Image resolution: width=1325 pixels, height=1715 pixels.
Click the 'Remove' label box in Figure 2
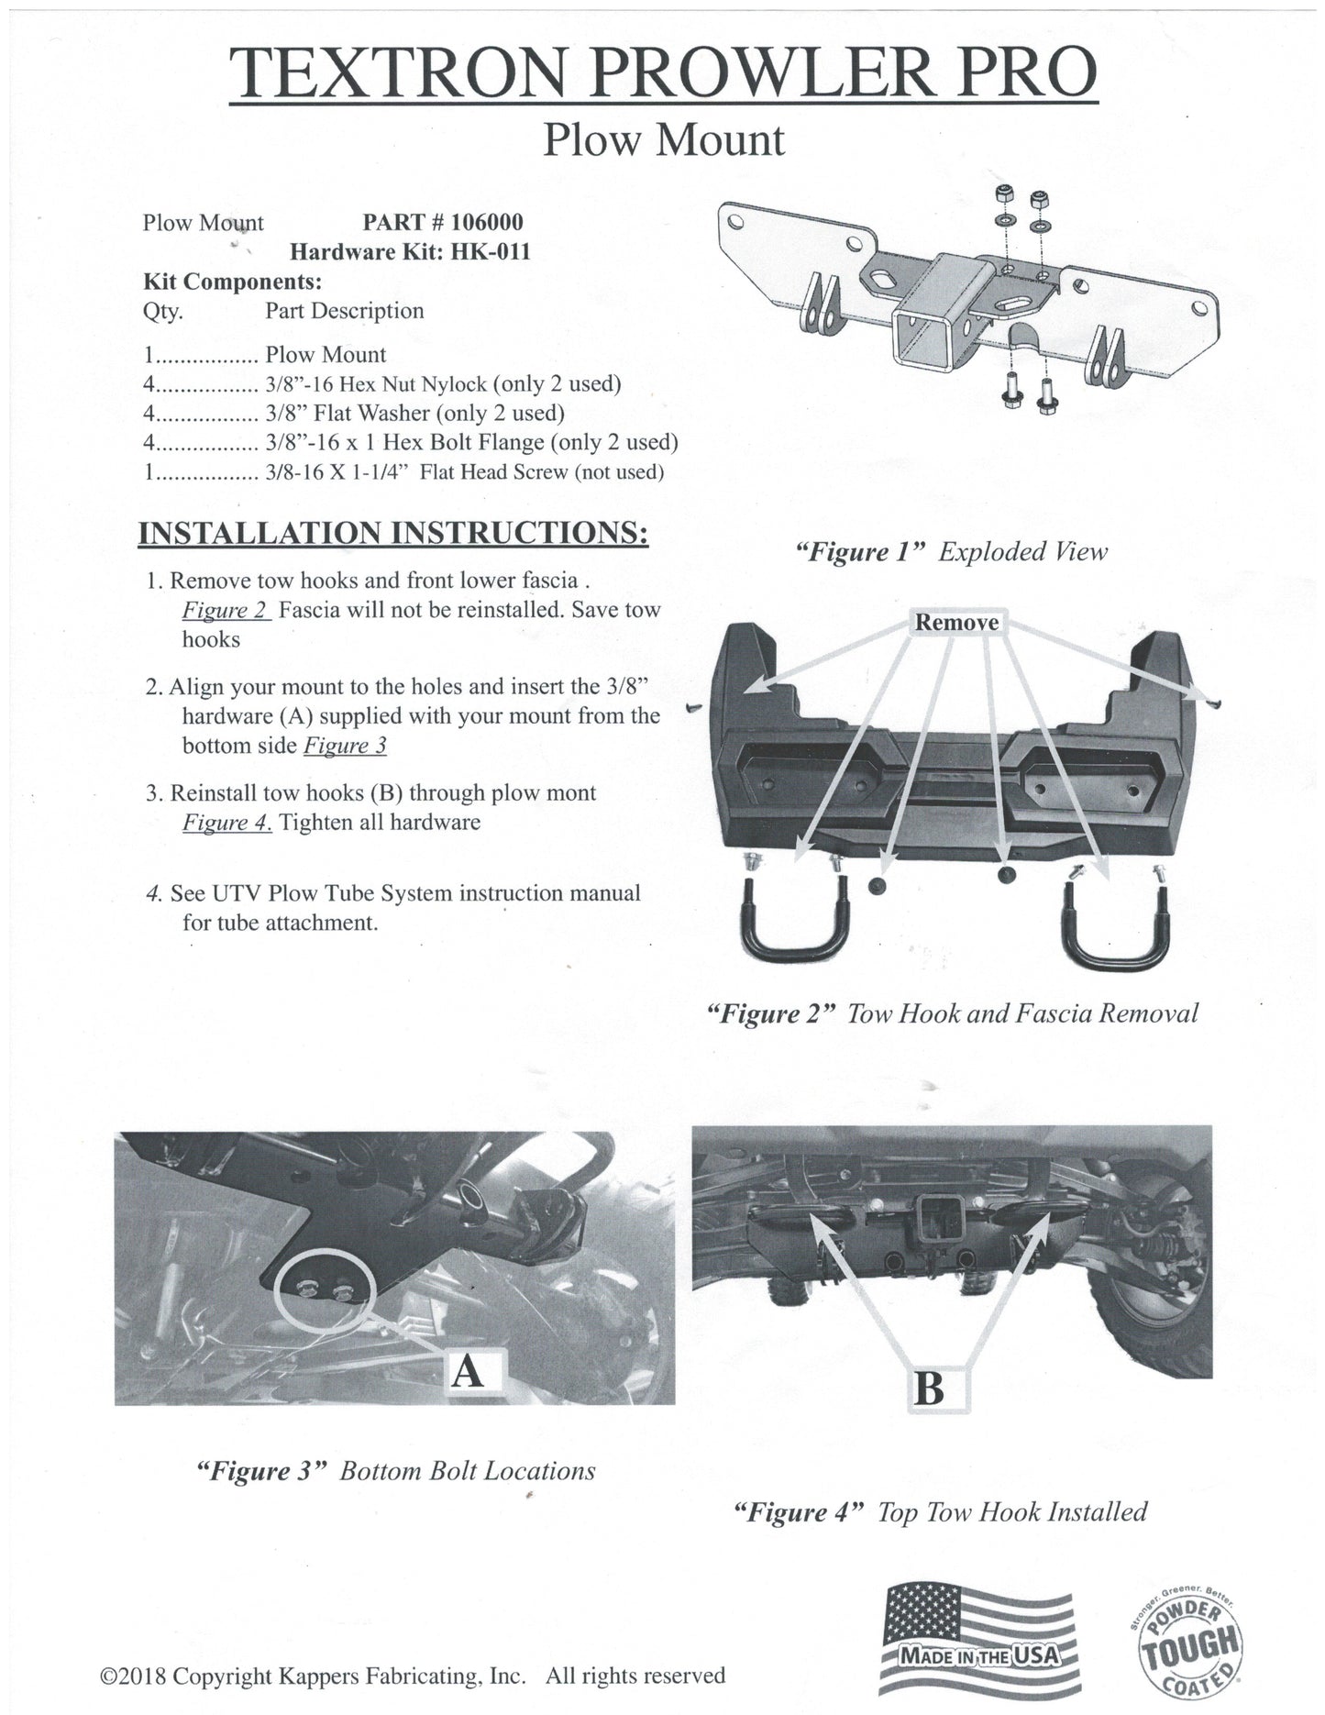tap(956, 623)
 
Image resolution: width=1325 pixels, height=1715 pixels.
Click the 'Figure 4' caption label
tap(800, 1511)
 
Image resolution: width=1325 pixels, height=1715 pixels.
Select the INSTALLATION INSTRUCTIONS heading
tap(392, 533)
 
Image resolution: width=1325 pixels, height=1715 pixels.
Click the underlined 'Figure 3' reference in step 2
tap(345, 746)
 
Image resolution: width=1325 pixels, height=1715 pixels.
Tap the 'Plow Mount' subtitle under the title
tap(664, 141)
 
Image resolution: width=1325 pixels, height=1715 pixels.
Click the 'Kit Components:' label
tap(232, 281)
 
